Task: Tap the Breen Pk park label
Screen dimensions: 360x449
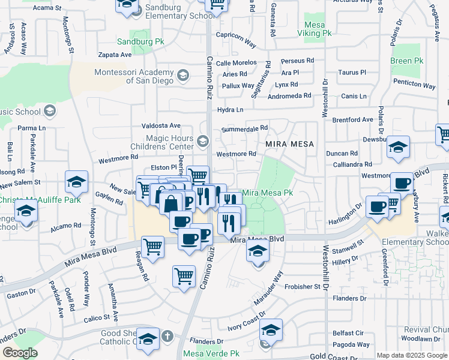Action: pyautogui.click(x=402, y=61)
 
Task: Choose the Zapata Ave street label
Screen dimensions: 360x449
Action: pyautogui.click(x=114, y=54)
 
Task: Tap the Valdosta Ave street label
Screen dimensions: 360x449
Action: pyautogui.click(x=161, y=125)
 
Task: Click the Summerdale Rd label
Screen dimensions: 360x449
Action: pyautogui.click(x=244, y=128)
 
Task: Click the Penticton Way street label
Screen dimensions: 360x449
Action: pyautogui.click(x=415, y=84)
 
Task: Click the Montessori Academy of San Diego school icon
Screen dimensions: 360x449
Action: pyautogui.click(x=182, y=76)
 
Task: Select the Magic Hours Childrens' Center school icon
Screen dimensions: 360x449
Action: pyautogui.click(x=203, y=142)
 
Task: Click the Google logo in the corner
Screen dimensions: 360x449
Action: pyautogui.click(x=20, y=353)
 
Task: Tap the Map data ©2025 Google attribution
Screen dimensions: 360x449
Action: pyautogui.click(x=412, y=355)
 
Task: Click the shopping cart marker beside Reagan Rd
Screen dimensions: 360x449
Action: pyautogui.click(x=152, y=246)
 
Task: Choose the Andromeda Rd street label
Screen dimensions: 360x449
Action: pyautogui.click(x=289, y=95)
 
